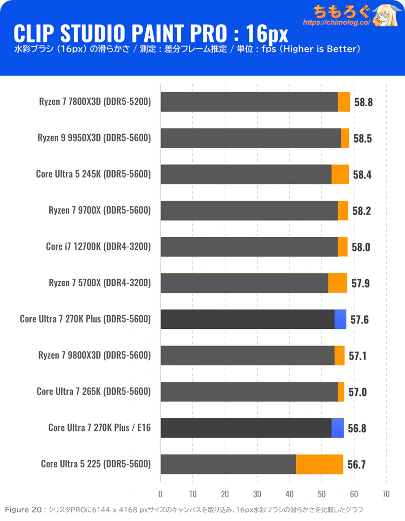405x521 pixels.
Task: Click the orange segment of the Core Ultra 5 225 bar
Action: (x=319, y=464)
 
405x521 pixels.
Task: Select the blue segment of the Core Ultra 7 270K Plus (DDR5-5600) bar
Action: (x=340, y=319)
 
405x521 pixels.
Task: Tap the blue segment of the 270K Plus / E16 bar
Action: (x=338, y=428)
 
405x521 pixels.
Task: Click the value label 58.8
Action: (x=363, y=102)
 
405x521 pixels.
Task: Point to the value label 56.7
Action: (x=357, y=464)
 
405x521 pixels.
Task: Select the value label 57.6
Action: (x=359, y=319)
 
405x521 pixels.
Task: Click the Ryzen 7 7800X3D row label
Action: (x=95, y=102)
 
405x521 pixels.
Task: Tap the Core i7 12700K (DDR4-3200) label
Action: (x=98, y=246)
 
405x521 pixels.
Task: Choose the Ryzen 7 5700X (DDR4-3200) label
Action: (x=100, y=283)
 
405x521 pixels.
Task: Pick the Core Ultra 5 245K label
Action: (x=94, y=174)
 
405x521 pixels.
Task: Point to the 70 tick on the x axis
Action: (x=386, y=494)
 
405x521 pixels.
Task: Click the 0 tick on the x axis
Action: (x=160, y=494)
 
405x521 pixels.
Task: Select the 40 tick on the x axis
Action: (x=290, y=494)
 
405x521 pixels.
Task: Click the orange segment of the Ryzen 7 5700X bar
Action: (x=338, y=283)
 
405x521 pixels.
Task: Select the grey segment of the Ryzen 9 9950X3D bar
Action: (x=251, y=138)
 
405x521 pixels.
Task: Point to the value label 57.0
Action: (x=357, y=392)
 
